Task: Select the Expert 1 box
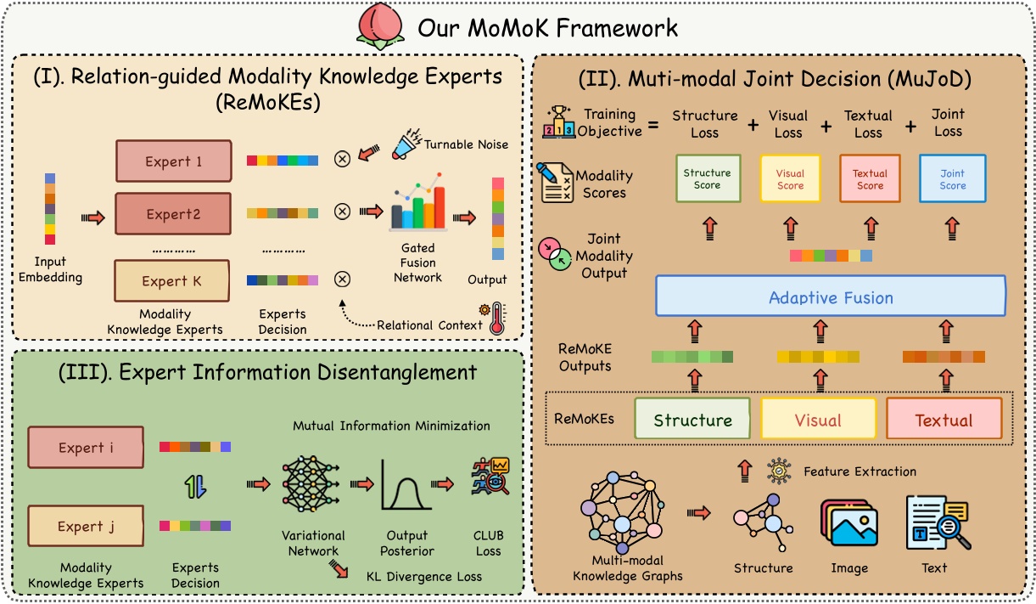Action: tap(173, 161)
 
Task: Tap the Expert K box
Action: tap(171, 281)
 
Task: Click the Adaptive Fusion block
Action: tap(830, 297)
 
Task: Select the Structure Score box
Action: tap(707, 179)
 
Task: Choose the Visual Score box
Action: tap(789, 179)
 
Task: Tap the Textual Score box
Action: tap(870, 179)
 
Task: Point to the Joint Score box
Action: tap(952, 179)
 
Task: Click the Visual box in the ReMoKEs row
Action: tap(818, 420)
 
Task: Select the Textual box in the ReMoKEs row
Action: tap(944, 420)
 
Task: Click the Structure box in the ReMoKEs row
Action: tap(692, 420)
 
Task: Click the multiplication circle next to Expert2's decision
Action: tap(342, 212)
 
